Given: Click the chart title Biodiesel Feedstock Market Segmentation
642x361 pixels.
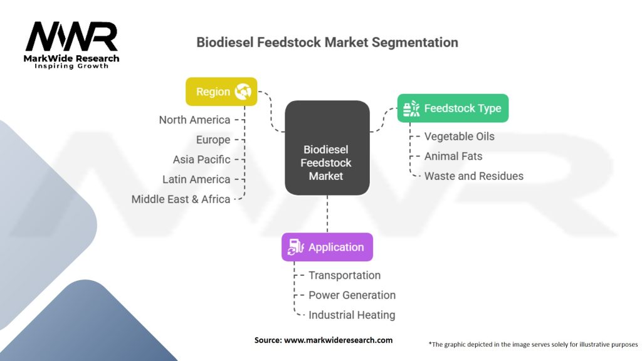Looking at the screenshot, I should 327,43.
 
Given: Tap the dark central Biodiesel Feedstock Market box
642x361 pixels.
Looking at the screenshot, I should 327,149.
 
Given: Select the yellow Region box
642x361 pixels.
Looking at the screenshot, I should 221,92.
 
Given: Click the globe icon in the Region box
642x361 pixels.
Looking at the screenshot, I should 242,92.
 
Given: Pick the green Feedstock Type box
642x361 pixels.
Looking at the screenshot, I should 453,108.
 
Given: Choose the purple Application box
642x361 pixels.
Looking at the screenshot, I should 327,247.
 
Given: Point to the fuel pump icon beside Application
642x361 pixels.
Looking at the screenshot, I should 294,248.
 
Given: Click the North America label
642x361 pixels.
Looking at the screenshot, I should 194,120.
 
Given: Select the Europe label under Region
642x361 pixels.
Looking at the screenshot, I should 213,140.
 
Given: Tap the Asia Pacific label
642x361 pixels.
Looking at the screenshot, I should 201,159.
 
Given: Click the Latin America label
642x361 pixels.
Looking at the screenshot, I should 196,179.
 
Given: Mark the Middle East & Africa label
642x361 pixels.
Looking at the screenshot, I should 181,199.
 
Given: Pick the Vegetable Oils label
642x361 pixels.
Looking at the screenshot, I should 459,136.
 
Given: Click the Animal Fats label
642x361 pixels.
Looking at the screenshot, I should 453,156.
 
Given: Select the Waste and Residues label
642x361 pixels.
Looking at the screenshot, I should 473,176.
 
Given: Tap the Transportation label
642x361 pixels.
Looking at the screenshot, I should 344,275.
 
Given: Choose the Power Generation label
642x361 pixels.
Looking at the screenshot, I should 352,295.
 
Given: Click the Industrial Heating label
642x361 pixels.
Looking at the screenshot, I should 352,315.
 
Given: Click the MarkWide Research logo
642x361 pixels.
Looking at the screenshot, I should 72,44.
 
